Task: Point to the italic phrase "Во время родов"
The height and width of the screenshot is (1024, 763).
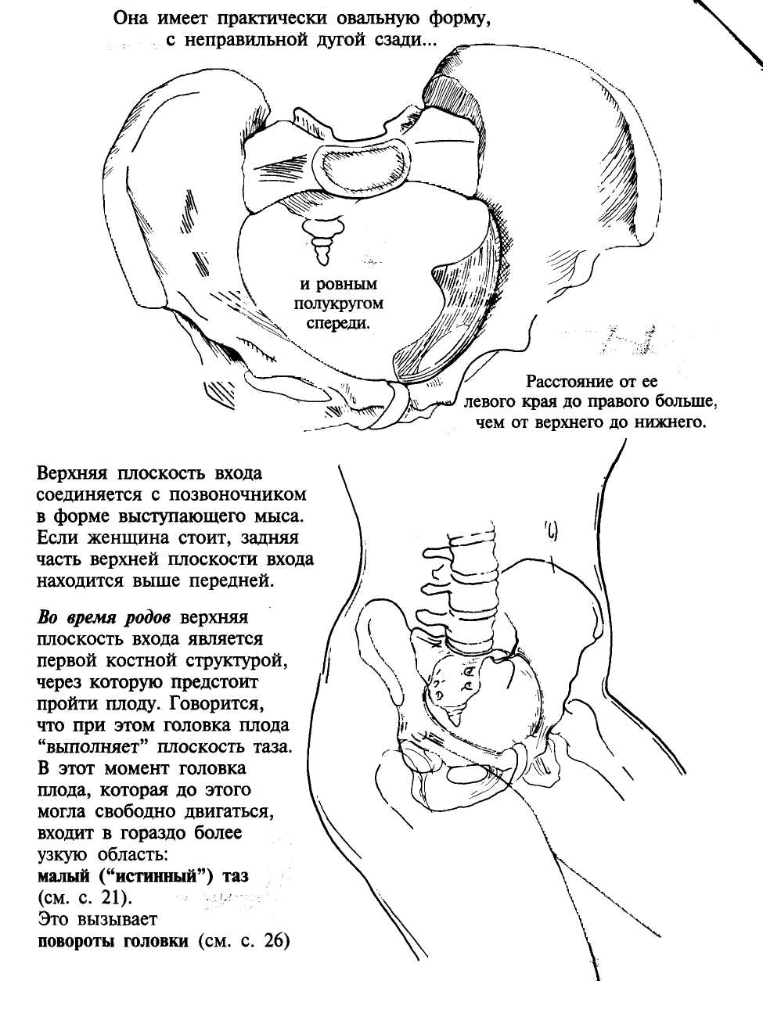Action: pos(106,616)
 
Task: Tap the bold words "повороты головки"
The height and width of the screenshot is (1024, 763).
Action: pos(113,940)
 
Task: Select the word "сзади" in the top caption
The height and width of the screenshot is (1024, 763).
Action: pos(395,40)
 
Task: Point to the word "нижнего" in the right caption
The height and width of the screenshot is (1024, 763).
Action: pos(672,423)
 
